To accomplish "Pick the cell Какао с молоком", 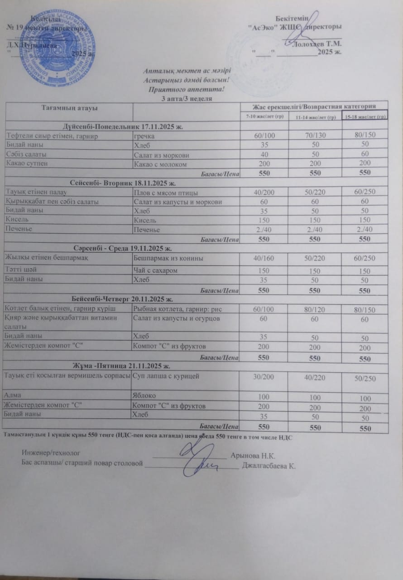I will pyautogui.click(x=160, y=164).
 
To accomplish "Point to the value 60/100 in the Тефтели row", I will pyautogui.click(x=264, y=135).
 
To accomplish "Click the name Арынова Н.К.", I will pyautogui.click(x=253, y=455).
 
